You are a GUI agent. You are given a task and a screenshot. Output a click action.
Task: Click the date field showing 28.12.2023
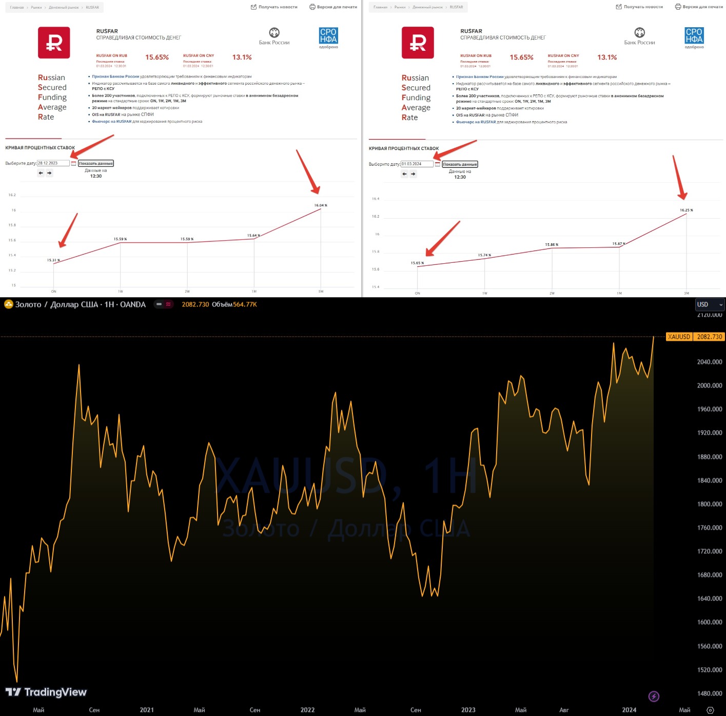[x=53, y=163]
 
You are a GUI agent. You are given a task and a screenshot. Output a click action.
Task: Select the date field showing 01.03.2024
[x=417, y=164]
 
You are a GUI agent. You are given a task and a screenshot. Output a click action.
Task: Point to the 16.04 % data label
[x=321, y=205]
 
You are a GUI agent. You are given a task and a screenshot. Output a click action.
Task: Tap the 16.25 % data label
[x=686, y=210]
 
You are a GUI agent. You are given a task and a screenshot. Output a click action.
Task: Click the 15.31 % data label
[x=53, y=260]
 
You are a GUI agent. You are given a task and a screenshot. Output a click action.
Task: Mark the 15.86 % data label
[x=552, y=245]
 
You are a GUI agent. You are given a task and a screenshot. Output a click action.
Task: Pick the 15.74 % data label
[x=484, y=255]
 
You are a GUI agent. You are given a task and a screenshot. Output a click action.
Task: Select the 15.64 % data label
[x=253, y=236]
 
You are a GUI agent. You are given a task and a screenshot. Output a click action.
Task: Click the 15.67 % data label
[x=619, y=244]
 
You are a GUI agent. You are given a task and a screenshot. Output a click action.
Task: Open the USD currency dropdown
[x=710, y=304]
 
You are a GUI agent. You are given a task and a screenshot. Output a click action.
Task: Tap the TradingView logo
[x=46, y=692]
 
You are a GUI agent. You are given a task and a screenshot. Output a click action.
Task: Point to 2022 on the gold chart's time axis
[x=307, y=710]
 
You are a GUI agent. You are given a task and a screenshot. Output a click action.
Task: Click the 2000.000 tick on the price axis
[x=709, y=385]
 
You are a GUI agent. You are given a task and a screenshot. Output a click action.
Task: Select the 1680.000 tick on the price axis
[x=709, y=575]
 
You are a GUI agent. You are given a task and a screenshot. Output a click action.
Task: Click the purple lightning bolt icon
[x=654, y=696]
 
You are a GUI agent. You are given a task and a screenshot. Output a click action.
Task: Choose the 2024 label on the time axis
[x=629, y=710]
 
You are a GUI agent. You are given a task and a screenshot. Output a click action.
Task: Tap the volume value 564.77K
[x=245, y=304]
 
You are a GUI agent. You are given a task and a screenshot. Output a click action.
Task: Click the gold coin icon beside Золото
[x=8, y=304]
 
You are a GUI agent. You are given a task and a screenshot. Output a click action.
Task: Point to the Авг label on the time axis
[x=564, y=710]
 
